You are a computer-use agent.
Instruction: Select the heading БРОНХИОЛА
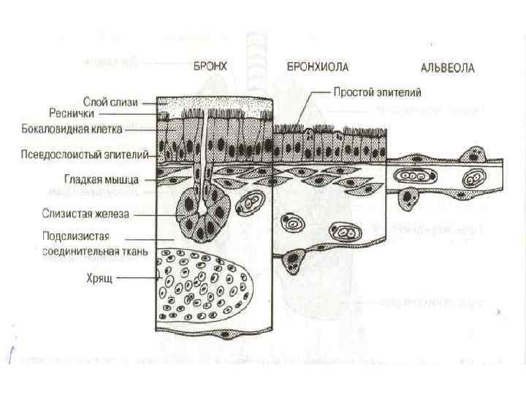(x=318, y=67)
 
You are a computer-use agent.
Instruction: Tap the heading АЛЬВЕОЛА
(x=448, y=69)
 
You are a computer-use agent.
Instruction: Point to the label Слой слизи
(x=108, y=104)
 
